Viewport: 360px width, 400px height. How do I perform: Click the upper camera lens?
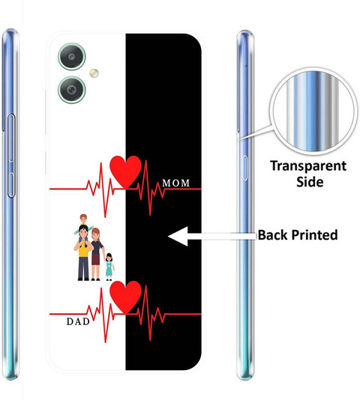71,57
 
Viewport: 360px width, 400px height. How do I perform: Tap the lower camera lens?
71,90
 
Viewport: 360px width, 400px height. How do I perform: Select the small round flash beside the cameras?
94,73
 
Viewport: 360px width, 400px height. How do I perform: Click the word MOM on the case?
175,183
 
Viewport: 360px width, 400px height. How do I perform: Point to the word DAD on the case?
78,321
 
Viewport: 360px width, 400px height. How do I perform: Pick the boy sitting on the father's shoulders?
83,225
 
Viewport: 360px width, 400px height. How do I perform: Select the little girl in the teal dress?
109,267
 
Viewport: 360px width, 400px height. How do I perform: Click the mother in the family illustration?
96,254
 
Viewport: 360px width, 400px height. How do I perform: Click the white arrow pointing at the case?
211,236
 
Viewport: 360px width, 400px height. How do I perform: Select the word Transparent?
308,166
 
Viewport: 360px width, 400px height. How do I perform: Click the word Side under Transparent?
310,181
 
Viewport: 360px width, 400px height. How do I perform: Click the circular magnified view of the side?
313,112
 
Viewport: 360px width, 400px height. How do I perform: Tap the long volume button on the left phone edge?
11,138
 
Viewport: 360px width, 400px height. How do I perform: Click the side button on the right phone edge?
244,168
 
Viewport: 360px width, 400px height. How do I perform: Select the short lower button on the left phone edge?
11,185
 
